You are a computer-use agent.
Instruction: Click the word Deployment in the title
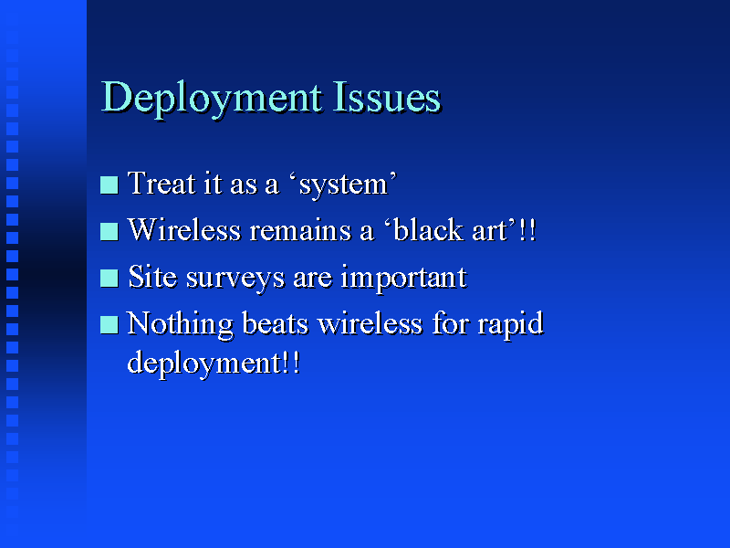click(212, 100)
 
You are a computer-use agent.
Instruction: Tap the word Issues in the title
click(386, 97)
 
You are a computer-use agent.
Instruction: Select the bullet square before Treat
click(109, 184)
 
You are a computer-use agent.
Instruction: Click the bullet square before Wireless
click(109, 232)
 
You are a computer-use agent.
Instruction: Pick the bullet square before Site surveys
click(109, 279)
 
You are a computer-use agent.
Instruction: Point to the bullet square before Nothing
click(109, 325)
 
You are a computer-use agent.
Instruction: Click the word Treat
click(162, 183)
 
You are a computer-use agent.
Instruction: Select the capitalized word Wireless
click(184, 229)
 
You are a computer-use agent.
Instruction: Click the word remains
click(300, 230)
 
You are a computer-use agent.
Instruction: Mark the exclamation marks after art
click(527, 229)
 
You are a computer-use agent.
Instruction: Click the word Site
click(152, 277)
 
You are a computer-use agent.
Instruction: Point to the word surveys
click(235, 279)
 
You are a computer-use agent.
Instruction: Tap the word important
click(403, 279)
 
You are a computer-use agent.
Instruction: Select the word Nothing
click(180, 325)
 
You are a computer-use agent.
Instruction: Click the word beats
click(276, 323)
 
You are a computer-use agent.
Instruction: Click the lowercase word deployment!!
click(214, 364)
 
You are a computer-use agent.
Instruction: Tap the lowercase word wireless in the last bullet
click(370, 323)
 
